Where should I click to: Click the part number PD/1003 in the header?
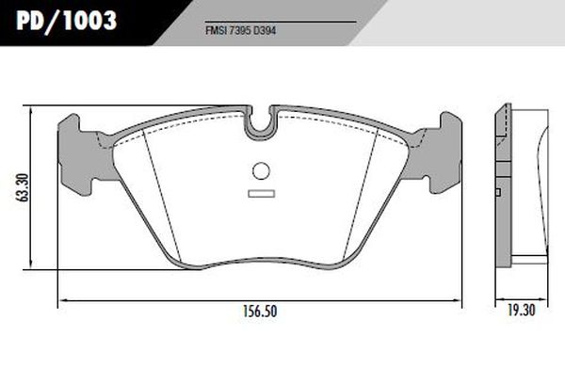[x=66, y=21]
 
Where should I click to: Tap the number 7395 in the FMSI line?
[x=240, y=31]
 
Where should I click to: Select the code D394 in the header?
[x=265, y=31]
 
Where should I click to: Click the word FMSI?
[x=217, y=31]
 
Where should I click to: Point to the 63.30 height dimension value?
[x=24, y=187]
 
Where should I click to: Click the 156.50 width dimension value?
[x=260, y=312]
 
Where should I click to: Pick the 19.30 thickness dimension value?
[x=522, y=310]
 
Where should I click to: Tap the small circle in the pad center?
[x=261, y=170]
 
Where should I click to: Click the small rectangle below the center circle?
[x=262, y=194]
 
